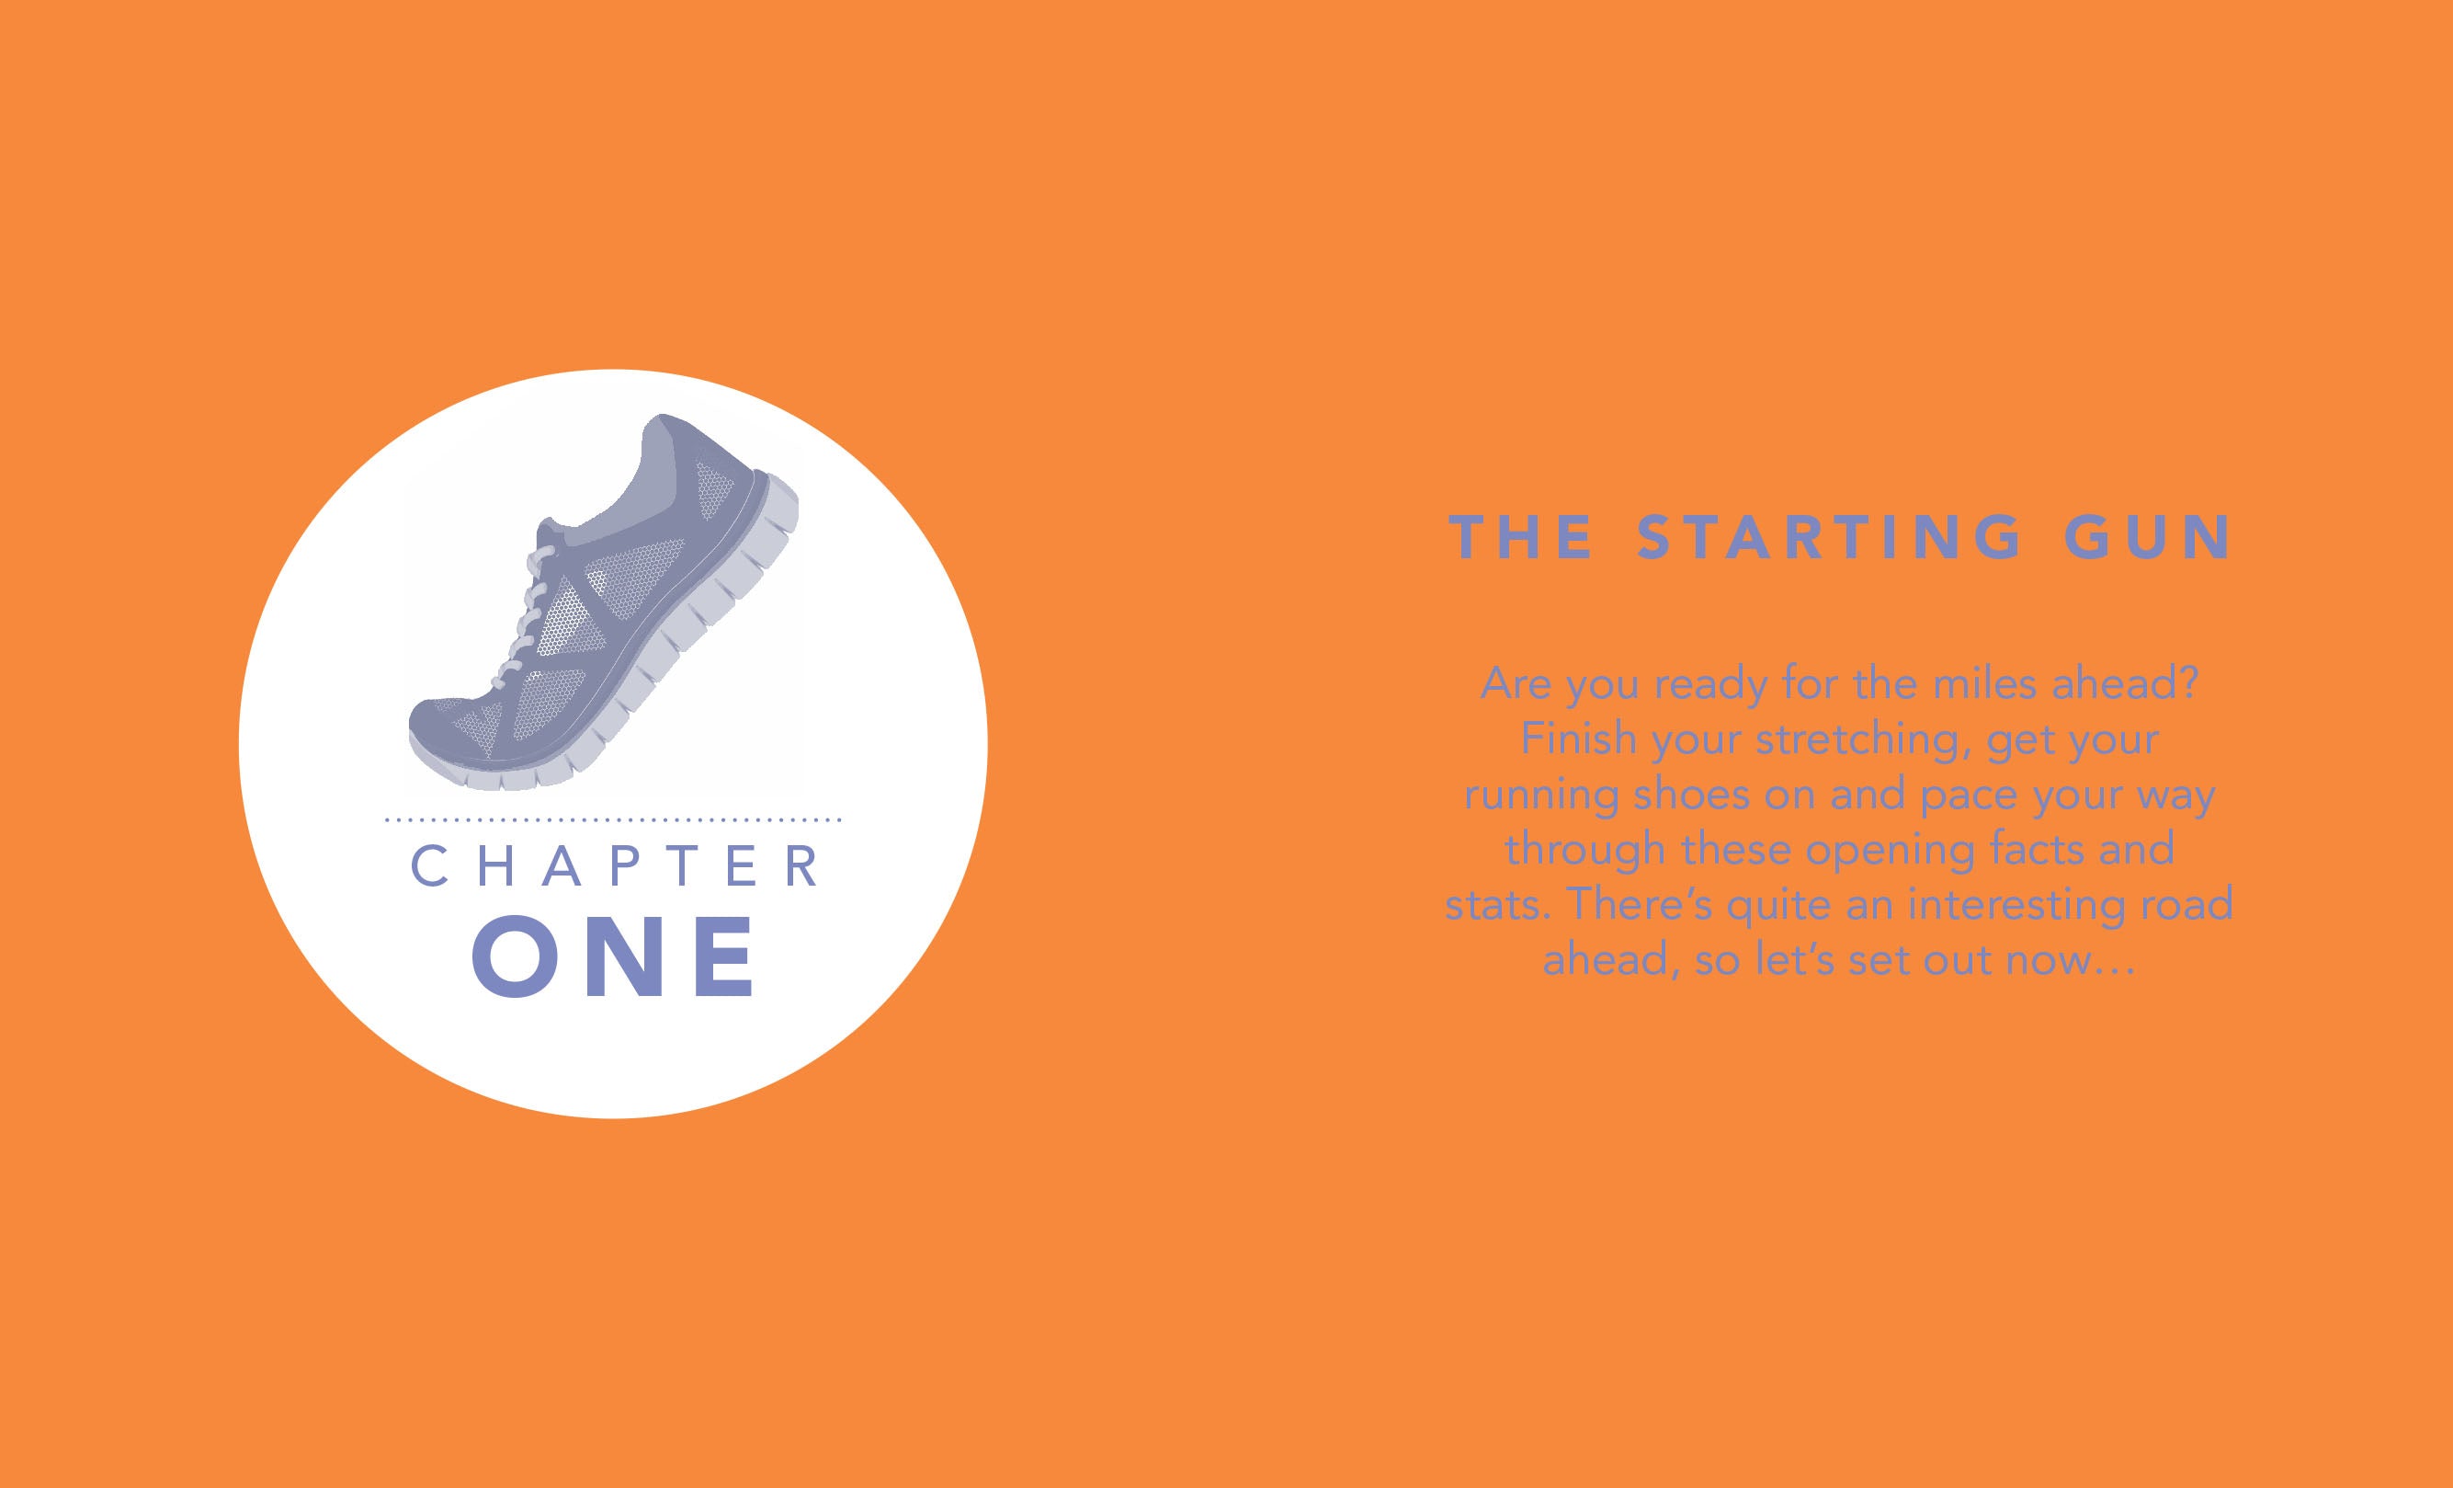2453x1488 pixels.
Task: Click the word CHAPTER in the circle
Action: [615, 865]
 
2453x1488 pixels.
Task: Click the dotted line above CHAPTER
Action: [613, 819]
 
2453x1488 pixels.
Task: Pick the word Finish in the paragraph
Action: [1579, 739]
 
